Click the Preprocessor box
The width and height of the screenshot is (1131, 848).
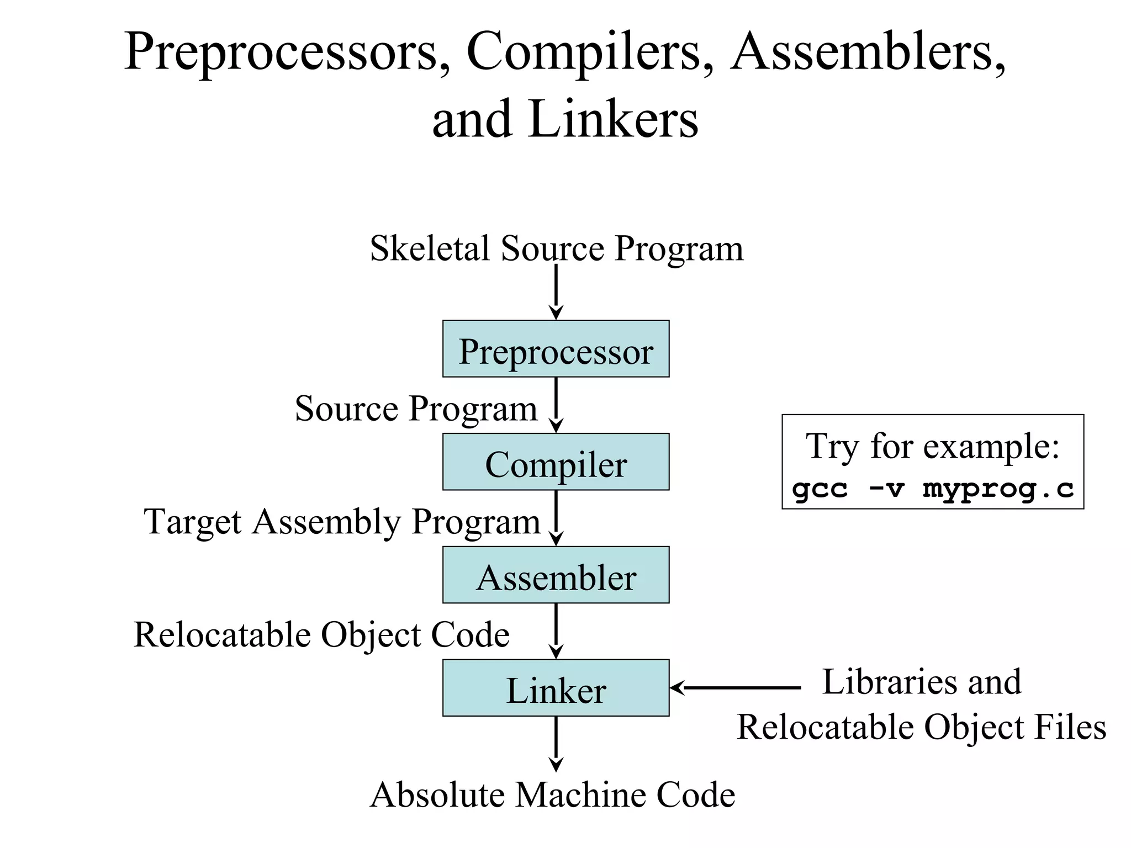(x=556, y=349)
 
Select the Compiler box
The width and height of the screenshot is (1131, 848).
(x=556, y=462)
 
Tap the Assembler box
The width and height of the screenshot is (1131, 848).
(x=556, y=575)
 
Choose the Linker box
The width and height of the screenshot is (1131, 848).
(x=556, y=688)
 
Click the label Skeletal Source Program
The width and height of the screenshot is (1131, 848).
(x=556, y=248)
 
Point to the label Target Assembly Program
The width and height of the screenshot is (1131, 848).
(x=342, y=522)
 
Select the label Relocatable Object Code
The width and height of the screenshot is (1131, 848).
(x=321, y=634)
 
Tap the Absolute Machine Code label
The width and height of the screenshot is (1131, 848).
(x=552, y=795)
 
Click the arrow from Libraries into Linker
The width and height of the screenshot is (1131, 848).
(x=734, y=688)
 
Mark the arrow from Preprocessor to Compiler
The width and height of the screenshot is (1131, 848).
(x=556, y=405)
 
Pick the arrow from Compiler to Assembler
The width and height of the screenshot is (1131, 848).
(x=556, y=518)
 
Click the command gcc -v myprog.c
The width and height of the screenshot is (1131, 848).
(x=933, y=489)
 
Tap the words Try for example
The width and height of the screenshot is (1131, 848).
(x=933, y=446)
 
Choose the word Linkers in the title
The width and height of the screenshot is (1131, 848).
(x=613, y=119)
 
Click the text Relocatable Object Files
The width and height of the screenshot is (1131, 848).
(x=921, y=727)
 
